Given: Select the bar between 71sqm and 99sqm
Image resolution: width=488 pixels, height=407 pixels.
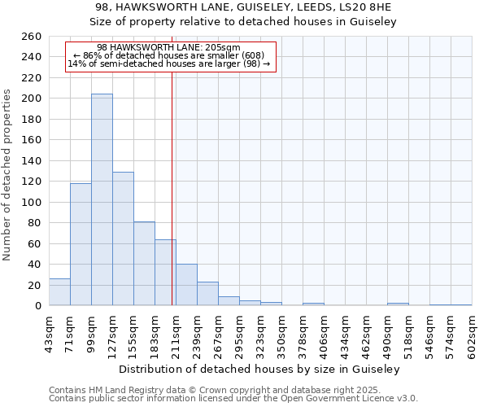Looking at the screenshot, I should point(81,244).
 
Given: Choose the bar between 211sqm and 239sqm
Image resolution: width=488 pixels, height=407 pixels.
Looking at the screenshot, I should point(186,284).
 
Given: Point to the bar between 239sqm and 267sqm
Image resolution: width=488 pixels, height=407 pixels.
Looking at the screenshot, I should point(207,293).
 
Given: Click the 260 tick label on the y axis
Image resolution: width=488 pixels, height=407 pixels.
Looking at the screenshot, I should point(32,37).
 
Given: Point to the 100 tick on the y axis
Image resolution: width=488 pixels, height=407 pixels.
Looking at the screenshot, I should point(32,202).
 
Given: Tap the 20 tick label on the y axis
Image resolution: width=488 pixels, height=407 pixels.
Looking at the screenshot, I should point(35,285).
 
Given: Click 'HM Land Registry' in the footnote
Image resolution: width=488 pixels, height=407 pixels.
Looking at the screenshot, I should point(122,390).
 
